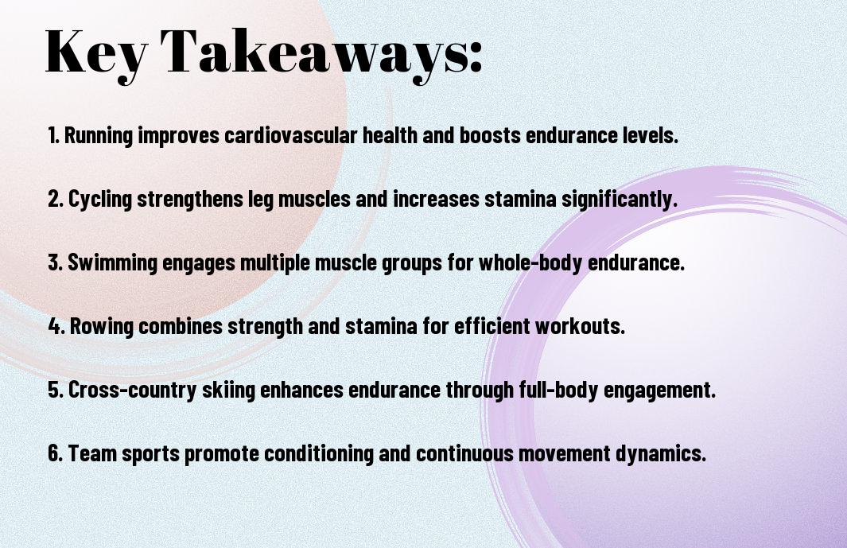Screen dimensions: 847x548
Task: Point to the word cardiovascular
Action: click(290, 135)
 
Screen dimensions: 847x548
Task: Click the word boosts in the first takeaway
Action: click(490, 135)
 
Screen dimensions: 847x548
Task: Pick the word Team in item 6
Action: click(92, 453)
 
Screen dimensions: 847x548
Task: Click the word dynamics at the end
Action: click(661, 453)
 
